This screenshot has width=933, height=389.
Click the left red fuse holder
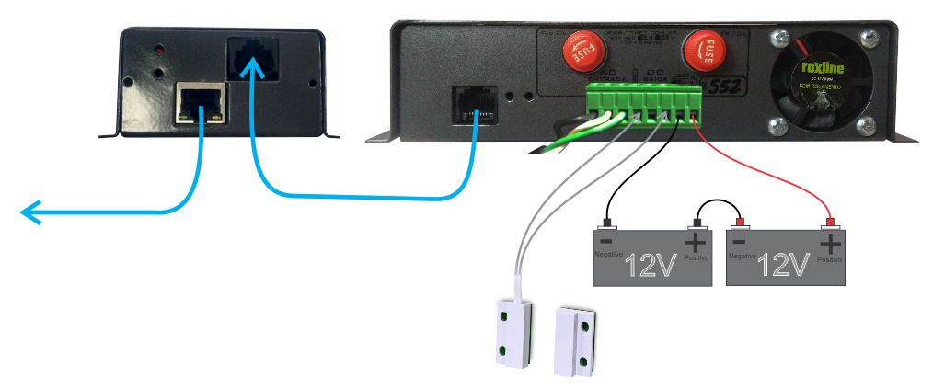pos(581,51)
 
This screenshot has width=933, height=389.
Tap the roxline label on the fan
pos(815,67)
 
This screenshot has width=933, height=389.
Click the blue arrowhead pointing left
pos(32,213)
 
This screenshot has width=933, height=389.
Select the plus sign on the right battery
pos(830,243)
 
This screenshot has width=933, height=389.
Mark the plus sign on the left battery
pos(697,243)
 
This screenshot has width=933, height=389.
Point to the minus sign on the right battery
pos(737,241)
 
